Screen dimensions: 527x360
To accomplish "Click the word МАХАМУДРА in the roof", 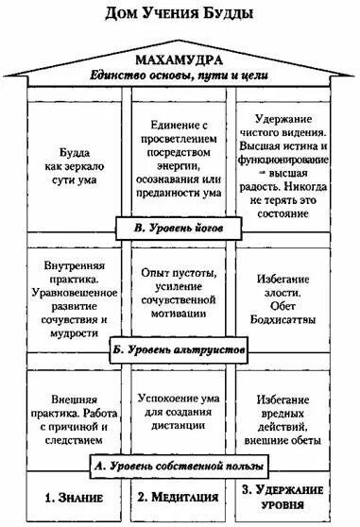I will coord(180,61).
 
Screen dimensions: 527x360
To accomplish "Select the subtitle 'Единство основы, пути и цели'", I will coord(180,76).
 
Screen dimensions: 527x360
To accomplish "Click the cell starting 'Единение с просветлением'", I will coord(180,158).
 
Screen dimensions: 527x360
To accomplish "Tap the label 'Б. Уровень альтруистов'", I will coord(180,350).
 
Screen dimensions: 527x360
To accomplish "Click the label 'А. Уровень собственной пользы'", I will coord(180,465).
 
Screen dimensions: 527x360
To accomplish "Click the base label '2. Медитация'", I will coord(180,496).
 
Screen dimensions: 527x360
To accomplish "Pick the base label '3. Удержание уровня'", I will coord(292,497).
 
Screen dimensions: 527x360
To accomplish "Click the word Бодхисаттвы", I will coord(292,310).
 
